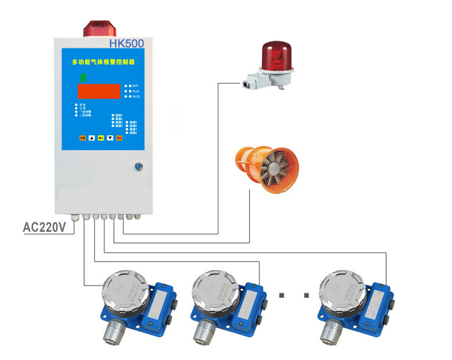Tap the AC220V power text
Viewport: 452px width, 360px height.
[x=44, y=227]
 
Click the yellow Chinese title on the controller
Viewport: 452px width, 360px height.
[x=103, y=62]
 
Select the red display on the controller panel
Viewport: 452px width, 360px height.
[x=98, y=92]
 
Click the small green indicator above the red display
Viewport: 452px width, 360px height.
[x=82, y=78]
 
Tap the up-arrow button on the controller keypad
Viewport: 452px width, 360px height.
[x=92, y=138]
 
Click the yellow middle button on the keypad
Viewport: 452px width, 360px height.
[x=100, y=138]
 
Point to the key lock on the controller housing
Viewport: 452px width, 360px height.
[x=139, y=166]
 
